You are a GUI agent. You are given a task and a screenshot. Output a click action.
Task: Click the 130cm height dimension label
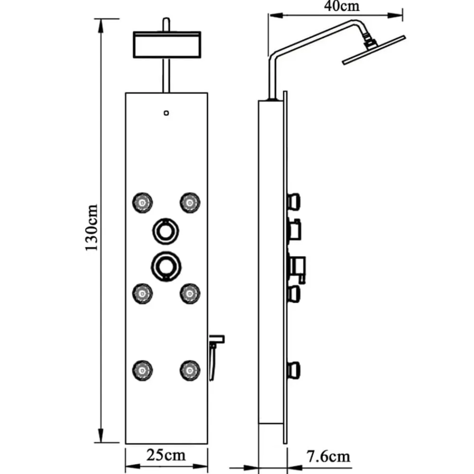91,228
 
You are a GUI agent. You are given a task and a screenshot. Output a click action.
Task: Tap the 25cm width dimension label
166,455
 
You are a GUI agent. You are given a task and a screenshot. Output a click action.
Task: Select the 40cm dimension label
342,6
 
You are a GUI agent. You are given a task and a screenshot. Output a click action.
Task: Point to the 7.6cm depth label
328,456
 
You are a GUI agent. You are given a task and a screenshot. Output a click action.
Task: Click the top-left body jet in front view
142,202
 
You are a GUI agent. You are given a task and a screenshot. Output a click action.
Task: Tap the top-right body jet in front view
190,202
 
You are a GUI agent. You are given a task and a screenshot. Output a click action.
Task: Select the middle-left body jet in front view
142,293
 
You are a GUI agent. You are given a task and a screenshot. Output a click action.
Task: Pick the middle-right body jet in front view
190,293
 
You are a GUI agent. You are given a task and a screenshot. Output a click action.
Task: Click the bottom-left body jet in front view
142,370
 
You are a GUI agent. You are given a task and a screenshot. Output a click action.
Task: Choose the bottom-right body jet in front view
190,370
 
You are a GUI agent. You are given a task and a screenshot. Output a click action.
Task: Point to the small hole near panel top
166,113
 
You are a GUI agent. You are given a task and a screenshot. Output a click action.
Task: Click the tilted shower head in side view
374,50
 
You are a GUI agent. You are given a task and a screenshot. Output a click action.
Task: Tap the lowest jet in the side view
294,371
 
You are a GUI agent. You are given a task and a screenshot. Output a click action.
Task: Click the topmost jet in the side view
294,202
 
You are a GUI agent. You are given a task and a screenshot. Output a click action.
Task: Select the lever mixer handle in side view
298,269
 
